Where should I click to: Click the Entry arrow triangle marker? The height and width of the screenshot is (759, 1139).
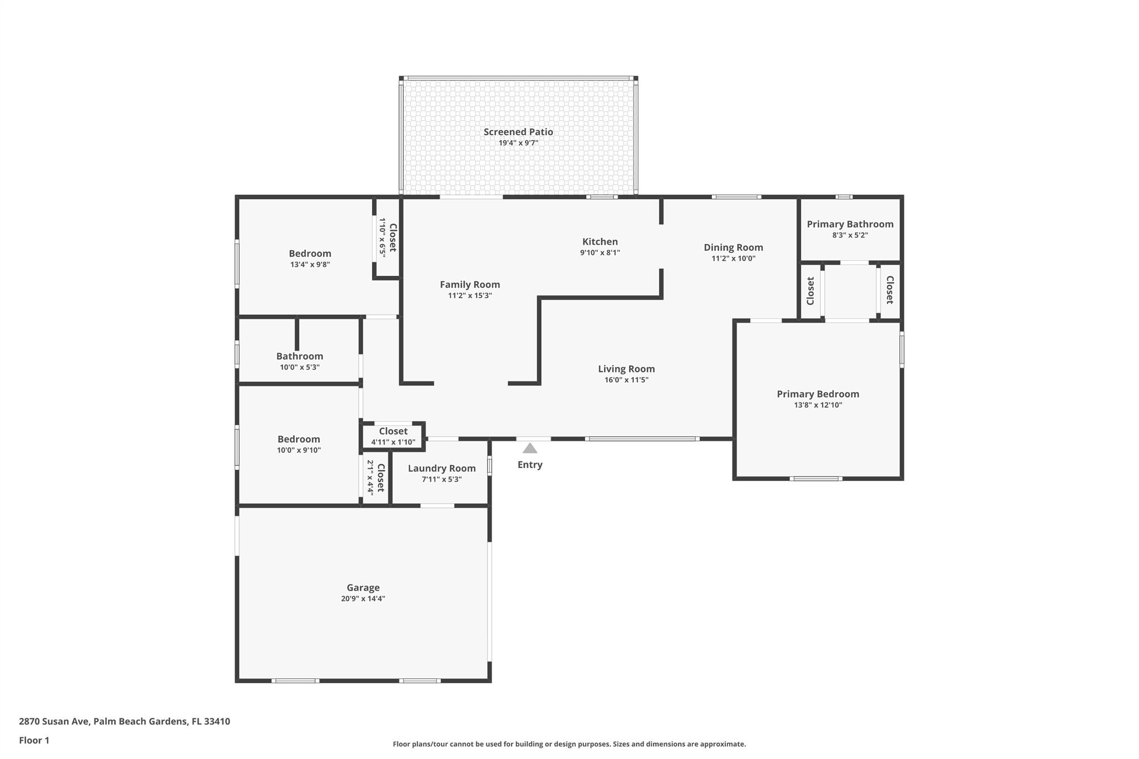[x=530, y=448]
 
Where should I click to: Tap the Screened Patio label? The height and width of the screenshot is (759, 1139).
[x=518, y=132]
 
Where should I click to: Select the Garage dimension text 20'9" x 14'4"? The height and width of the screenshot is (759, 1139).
[x=363, y=599]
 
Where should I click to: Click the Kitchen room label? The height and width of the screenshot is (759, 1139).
[x=600, y=241]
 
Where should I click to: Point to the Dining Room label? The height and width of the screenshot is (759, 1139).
[x=733, y=247]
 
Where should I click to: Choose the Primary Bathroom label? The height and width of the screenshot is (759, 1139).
[x=850, y=224]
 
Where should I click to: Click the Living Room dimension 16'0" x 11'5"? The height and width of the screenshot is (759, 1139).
[x=626, y=380]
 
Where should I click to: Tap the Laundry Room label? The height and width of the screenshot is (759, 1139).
[x=442, y=468]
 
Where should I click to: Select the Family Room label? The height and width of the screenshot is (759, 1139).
[x=469, y=284]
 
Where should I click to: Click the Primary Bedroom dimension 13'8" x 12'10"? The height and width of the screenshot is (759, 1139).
[x=818, y=405]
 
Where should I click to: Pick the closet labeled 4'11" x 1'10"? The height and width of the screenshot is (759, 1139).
[x=393, y=436]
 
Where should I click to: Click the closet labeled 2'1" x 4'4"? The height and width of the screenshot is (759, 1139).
[x=375, y=477]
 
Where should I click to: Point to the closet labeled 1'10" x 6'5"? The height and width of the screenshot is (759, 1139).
[x=387, y=237]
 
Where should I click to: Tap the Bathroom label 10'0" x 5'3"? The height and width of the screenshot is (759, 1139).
[x=299, y=356]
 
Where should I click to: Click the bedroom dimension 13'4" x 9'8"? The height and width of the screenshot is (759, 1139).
[x=310, y=265]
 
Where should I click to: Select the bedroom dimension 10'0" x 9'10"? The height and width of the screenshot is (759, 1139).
[x=299, y=450]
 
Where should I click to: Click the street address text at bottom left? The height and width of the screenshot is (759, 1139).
[x=124, y=721]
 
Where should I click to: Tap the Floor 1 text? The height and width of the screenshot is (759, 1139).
[x=34, y=740]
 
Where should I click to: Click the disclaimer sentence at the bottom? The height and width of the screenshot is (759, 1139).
[x=569, y=744]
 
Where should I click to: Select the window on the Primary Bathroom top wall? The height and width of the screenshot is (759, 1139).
[x=844, y=197]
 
